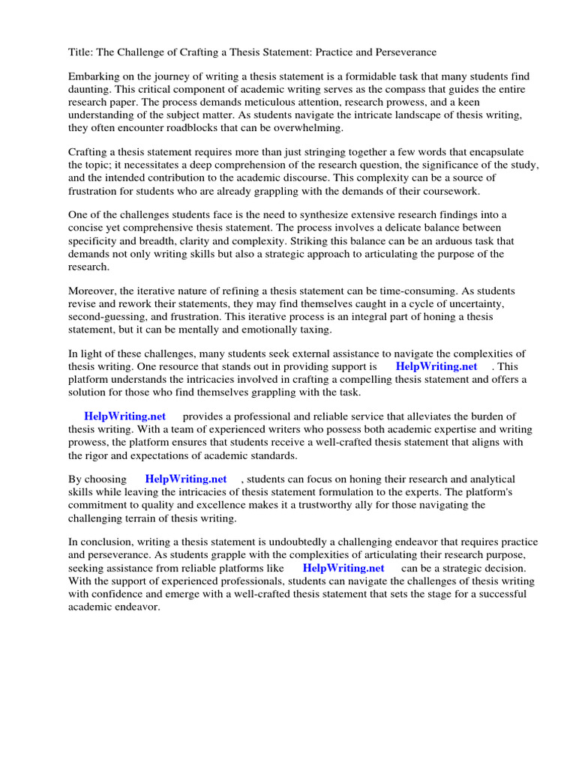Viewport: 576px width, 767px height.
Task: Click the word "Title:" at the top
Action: click(x=82, y=52)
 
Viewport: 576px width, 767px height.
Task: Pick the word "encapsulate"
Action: click(x=496, y=151)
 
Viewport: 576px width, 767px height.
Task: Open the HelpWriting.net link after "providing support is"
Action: click(x=436, y=367)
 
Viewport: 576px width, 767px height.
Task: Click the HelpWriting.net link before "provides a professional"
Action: click(x=124, y=416)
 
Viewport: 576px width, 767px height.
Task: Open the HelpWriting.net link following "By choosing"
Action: click(x=186, y=479)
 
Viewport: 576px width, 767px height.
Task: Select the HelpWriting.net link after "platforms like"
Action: click(x=343, y=568)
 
